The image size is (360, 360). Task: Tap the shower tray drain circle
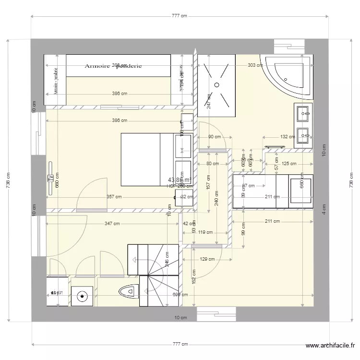click(x=217, y=84)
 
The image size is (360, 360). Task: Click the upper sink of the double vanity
click(x=303, y=114)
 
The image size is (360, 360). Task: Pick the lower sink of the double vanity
click(x=303, y=136)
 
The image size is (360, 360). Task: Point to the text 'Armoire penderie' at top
click(x=113, y=66)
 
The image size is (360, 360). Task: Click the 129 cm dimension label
click(x=207, y=259)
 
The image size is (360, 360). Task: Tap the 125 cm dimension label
click(x=288, y=164)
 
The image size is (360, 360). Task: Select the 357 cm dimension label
click(x=114, y=197)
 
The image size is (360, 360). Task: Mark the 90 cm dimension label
click(x=214, y=137)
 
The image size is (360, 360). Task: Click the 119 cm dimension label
click(x=205, y=233)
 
